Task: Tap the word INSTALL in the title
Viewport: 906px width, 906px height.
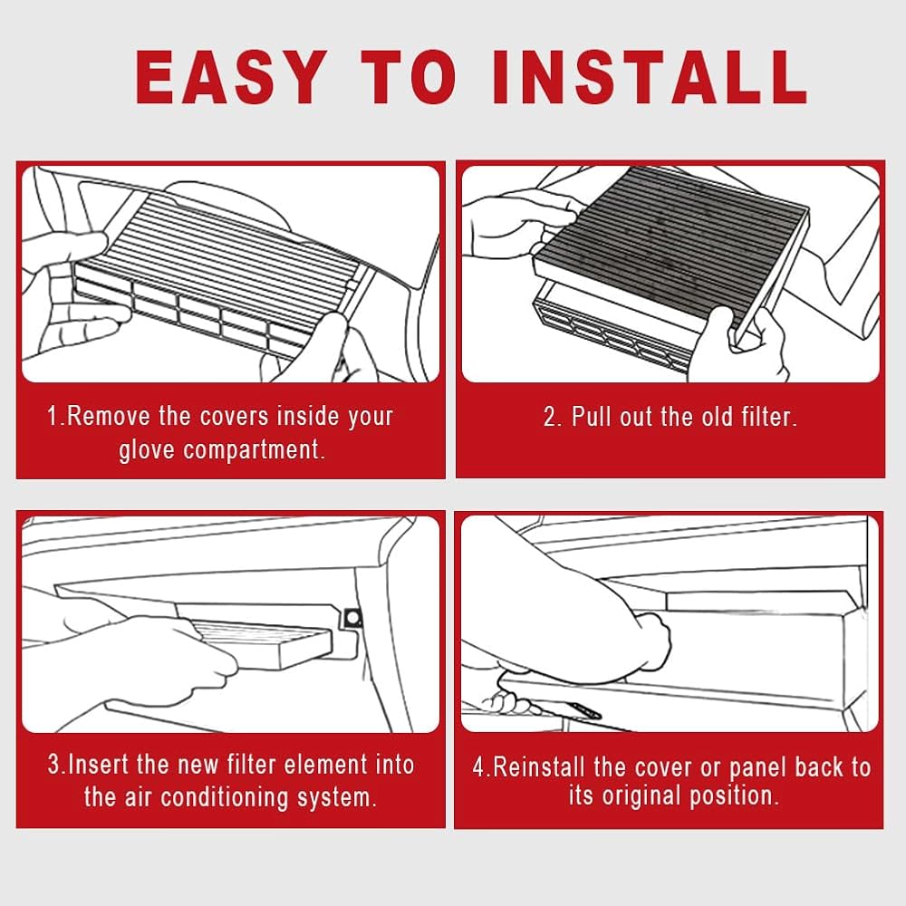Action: pyautogui.click(x=650, y=77)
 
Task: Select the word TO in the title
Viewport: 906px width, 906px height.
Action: pyautogui.click(x=410, y=77)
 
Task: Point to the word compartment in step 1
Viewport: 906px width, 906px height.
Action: pyautogui.click(x=254, y=450)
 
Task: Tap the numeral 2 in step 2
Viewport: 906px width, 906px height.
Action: pyautogui.click(x=550, y=417)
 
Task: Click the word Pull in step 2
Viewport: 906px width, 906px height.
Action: pyautogui.click(x=591, y=417)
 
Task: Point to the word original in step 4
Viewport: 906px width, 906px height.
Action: pyautogui.click(x=641, y=797)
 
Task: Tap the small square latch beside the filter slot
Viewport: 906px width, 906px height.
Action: pyautogui.click(x=352, y=619)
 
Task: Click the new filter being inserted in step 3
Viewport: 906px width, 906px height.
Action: pyautogui.click(x=263, y=643)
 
